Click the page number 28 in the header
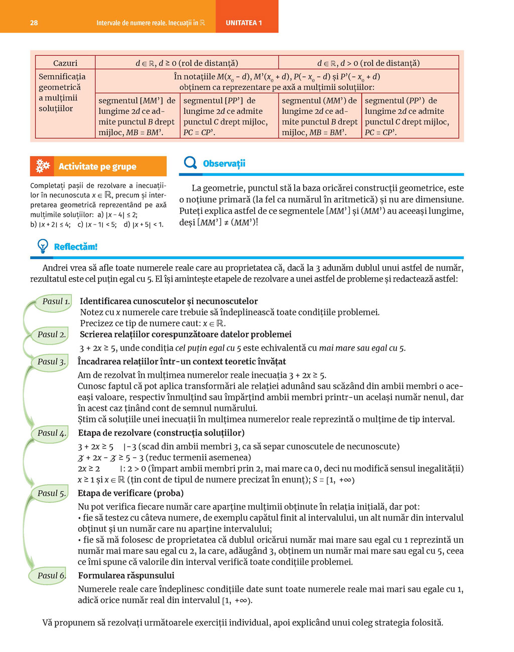[x=34, y=23]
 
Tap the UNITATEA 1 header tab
[x=244, y=23]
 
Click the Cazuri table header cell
[x=65, y=63]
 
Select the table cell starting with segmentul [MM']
[x=137, y=116]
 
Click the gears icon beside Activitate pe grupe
[x=43, y=166]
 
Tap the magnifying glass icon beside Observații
[x=190, y=163]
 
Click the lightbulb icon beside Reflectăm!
[x=43, y=246]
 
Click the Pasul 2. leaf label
[x=51, y=335]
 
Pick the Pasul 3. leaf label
[x=51, y=362]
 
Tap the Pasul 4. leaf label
[x=51, y=433]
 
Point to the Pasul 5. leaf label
[x=51, y=493]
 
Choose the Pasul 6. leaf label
[x=51, y=576]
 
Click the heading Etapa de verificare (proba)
[x=131, y=493]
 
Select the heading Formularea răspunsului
[x=126, y=576]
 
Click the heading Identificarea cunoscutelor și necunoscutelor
[x=169, y=301]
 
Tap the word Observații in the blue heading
[x=224, y=164]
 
